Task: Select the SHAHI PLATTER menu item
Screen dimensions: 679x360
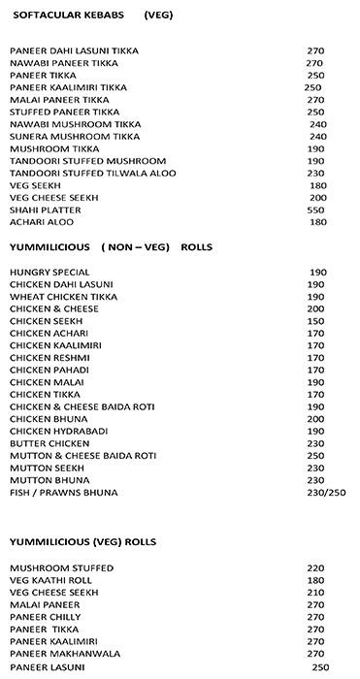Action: [46, 210]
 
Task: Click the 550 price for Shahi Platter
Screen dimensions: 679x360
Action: [315, 210]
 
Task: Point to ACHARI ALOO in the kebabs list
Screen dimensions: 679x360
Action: [44, 222]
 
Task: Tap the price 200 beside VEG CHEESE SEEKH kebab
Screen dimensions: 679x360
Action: [317, 198]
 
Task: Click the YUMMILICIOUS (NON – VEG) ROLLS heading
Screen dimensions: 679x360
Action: [111, 247]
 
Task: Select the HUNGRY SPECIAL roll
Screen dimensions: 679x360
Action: [49, 272]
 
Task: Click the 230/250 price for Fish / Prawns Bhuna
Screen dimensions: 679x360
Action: [326, 493]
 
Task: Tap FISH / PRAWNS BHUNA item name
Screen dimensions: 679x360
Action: [63, 493]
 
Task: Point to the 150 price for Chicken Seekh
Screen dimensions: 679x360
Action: [315, 320]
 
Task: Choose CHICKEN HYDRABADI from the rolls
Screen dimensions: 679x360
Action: [58, 431]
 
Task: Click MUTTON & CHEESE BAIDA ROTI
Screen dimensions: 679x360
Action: [83, 456]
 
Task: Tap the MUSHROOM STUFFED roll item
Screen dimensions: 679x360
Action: [61, 567]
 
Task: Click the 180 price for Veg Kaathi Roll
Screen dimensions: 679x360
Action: [315, 579]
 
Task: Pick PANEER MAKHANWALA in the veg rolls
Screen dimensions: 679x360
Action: [65, 654]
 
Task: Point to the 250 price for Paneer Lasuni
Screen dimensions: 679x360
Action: [320, 667]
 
